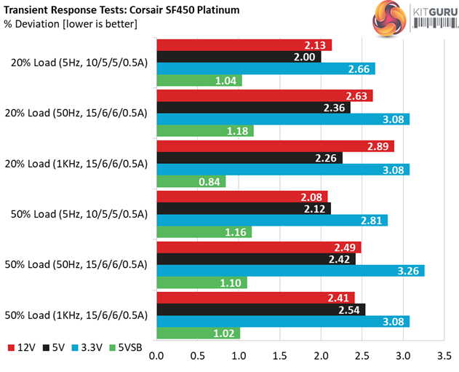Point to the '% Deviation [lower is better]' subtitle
tap(71, 25)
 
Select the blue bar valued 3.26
tap(291, 271)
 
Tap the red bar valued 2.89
tap(276, 146)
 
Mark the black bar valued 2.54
tap(261, 309)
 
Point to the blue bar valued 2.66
tap(266, 69)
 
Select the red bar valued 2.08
tap(242, 197)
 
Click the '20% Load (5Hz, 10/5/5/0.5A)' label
tap(79, 63)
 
